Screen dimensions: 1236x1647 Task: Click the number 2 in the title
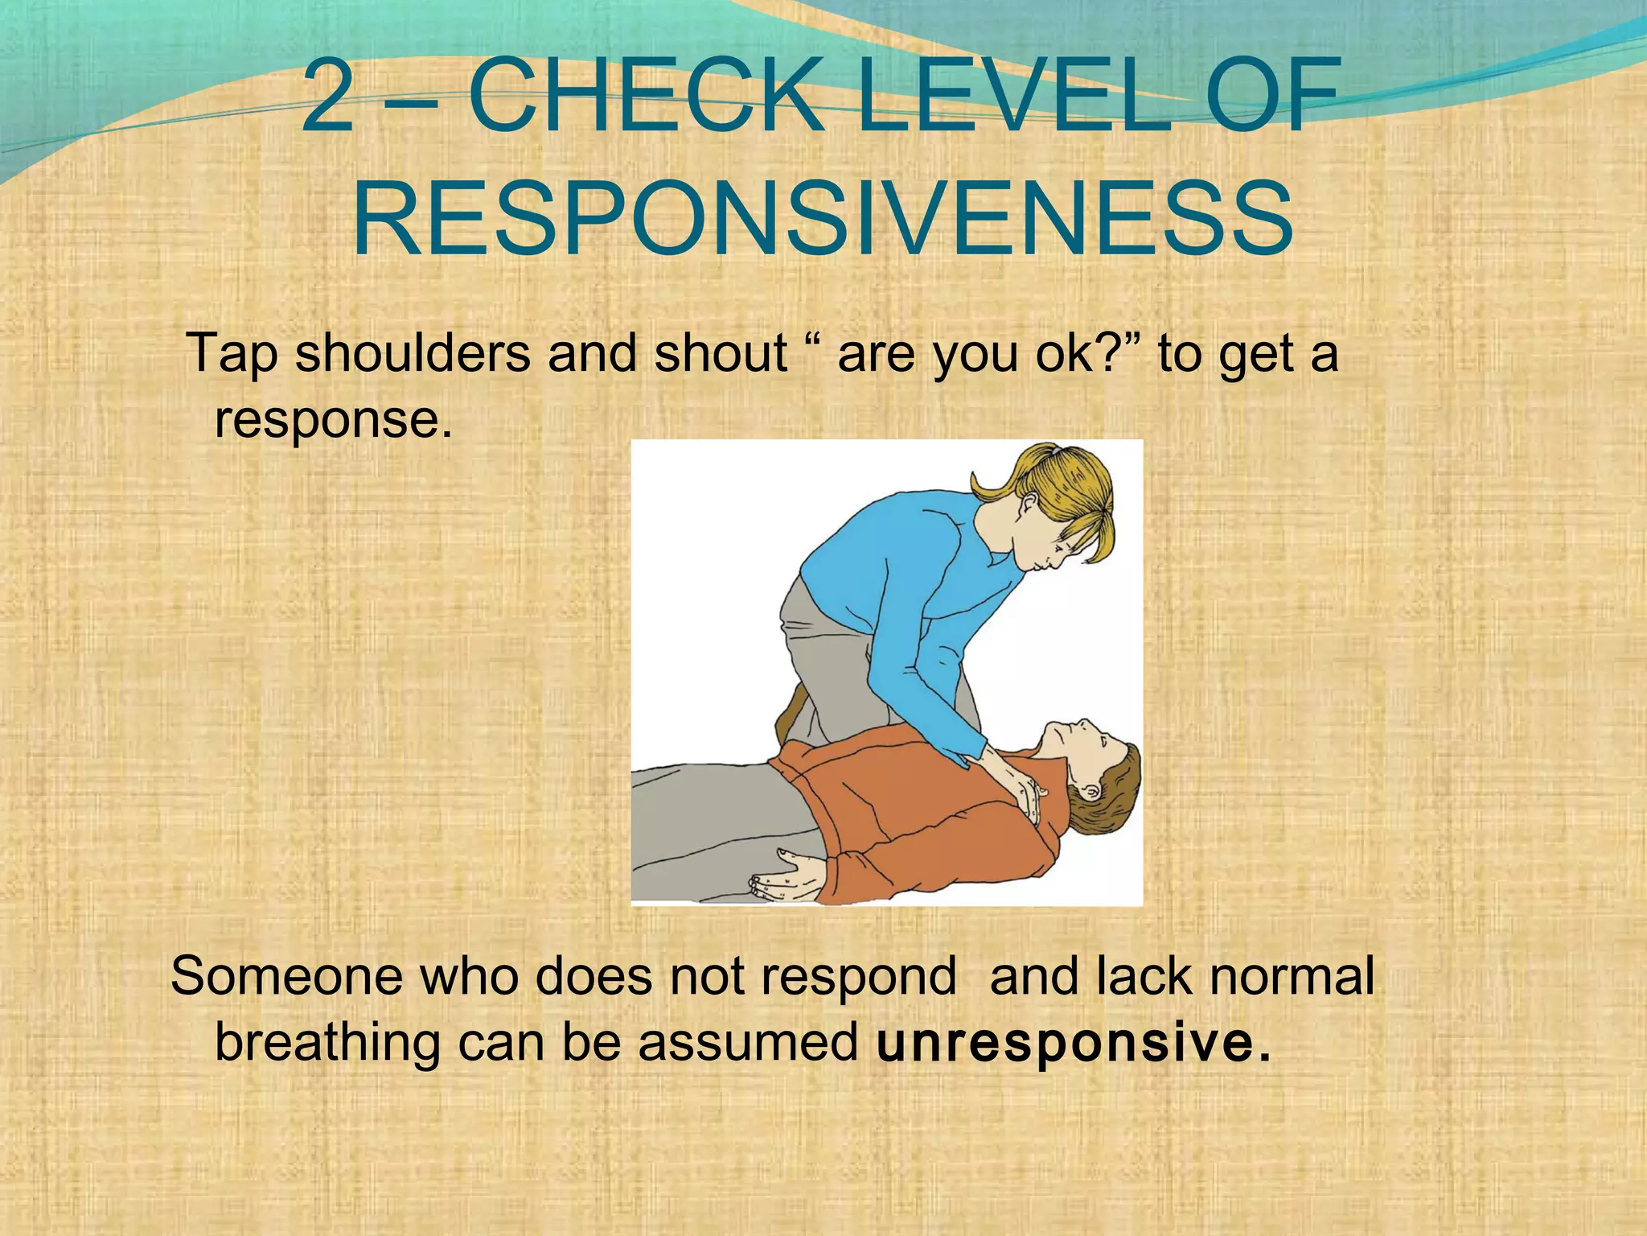coord(328,97)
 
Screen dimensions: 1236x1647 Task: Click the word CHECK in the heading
coord(646,97)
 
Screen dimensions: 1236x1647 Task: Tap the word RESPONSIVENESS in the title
coord(822,219)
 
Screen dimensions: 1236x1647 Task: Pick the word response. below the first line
coord(333,420)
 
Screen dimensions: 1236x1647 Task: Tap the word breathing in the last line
coord(327,1043)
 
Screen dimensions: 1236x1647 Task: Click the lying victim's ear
coord(1092,792)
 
